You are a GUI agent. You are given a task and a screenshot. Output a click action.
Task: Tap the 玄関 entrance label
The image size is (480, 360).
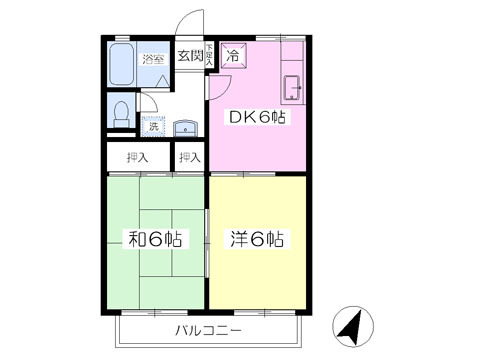coord(189,56)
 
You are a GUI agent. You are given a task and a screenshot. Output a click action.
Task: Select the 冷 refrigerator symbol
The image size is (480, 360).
coord(232,56)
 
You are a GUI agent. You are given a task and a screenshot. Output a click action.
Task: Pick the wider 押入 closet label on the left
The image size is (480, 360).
coord(137,157)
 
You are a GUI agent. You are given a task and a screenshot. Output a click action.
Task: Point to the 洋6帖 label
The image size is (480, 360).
coord(259,239)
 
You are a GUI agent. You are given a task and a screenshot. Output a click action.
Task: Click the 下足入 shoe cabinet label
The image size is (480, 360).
coord(209,57)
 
